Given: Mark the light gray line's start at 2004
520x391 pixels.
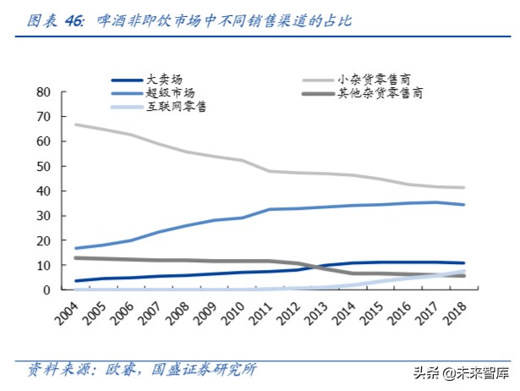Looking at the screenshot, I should [x=77, y=124].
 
